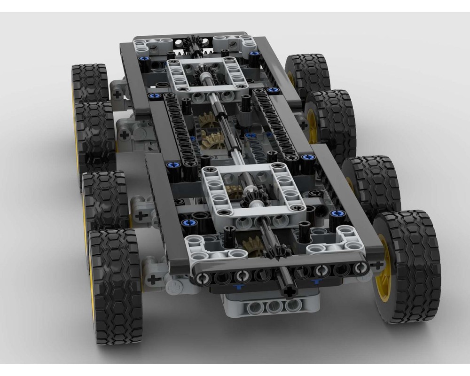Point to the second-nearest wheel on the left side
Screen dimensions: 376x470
[106, 200]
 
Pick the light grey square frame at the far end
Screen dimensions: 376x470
[207, 78]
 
